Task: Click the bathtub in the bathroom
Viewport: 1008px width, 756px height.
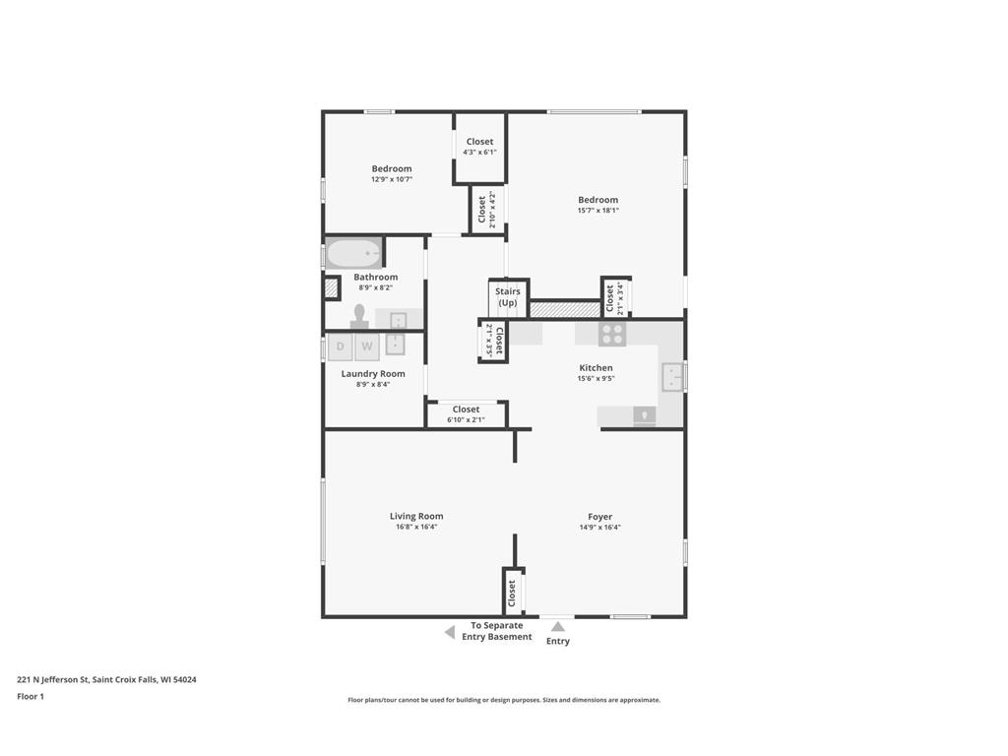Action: (353, 254)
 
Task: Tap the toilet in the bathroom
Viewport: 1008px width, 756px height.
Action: (359, 316)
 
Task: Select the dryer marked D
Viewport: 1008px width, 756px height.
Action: (340, 346)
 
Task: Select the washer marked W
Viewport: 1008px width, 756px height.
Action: (366, 346)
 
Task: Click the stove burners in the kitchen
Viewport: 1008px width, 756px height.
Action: (612, 334)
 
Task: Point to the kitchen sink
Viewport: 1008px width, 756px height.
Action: (672, 376)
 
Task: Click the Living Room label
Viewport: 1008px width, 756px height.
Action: (416, 516)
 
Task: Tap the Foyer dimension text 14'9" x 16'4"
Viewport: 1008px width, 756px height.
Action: (599, 527)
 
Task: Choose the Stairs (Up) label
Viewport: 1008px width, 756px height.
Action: (507, 296)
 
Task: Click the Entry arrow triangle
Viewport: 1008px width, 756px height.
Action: (557, 626)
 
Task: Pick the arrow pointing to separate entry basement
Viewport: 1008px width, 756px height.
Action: (449, 632)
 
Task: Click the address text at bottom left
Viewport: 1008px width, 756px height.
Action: (106, 679)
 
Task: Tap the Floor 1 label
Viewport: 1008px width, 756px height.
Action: (31, 696)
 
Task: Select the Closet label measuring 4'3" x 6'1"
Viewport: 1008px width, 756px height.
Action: (479, 142)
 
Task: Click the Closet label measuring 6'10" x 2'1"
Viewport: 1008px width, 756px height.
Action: (466, 409)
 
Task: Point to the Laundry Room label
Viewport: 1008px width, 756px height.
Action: (373, 374)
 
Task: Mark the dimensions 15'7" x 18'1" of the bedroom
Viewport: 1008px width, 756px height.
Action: (598, 210)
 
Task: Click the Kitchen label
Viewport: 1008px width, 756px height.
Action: (596, 368)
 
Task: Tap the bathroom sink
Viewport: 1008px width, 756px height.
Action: (398, 320)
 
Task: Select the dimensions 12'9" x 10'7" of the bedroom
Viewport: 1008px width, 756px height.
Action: (391, 179)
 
